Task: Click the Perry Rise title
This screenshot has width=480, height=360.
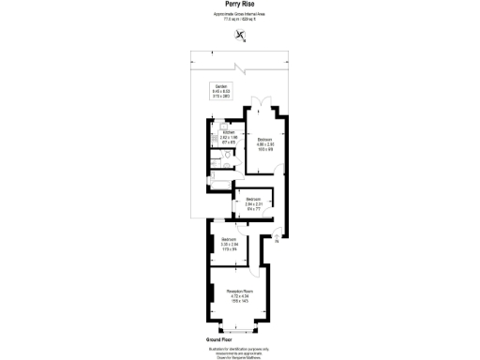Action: click(239, 6)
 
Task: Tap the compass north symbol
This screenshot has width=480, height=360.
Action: click(241, 37)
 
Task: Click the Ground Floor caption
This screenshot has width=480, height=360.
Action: click(218, 339)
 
